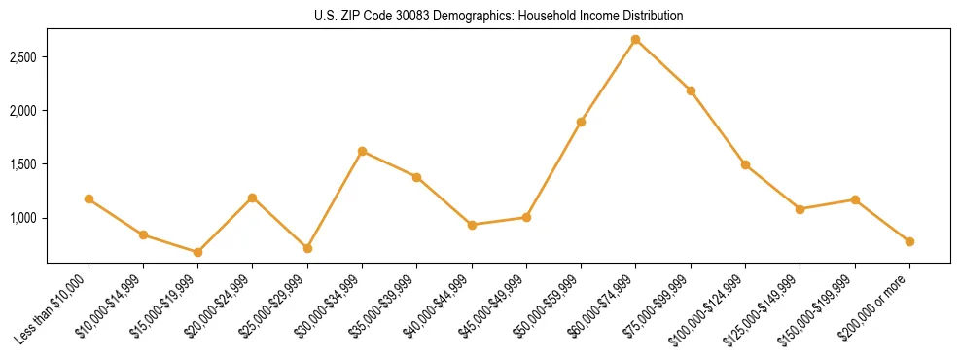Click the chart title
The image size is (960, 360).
498,17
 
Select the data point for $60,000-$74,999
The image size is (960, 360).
635,40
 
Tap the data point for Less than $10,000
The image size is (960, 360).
89,199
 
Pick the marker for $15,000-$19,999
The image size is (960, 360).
197,252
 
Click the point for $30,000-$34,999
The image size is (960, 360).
362,151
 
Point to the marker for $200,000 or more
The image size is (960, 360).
909,241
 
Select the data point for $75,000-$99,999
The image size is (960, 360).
691,90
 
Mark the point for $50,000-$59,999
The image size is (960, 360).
581,122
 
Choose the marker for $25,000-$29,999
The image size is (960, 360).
307,248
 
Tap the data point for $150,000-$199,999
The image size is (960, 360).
855,199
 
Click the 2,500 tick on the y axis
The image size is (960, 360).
23,57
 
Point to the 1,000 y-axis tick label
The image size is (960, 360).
23,218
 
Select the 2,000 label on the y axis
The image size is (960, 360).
23,111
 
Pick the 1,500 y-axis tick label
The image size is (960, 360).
23,164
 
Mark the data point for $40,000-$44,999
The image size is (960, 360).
472,225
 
